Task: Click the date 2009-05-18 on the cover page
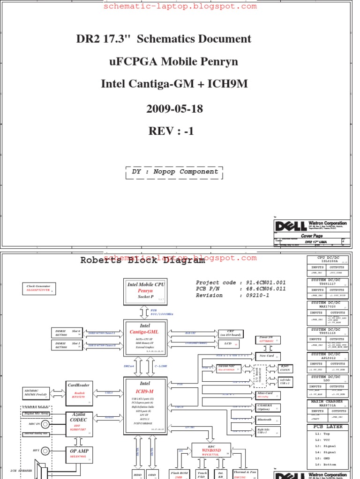pos(175,109)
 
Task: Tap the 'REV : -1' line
pos(171,131)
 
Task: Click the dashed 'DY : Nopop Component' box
pos(175,172)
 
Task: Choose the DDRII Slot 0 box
pos(67,333)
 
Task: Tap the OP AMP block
pos(79,453)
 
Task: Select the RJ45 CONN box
pos(285,369)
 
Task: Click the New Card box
pos(267,356)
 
